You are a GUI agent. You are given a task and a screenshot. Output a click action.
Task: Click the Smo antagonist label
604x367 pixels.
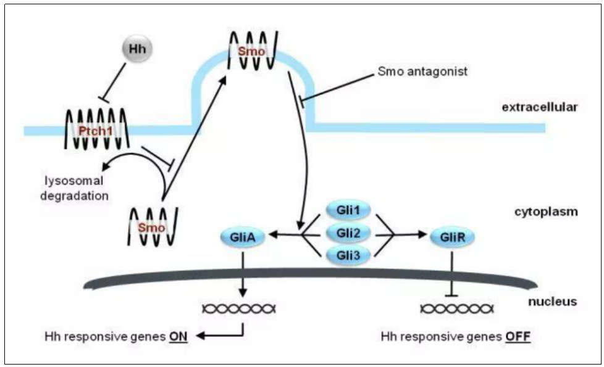[422, 72]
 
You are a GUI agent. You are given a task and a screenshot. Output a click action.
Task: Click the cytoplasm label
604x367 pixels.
[546, 212]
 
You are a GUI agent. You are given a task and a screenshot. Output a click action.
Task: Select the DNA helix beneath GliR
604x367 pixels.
[451, 308]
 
